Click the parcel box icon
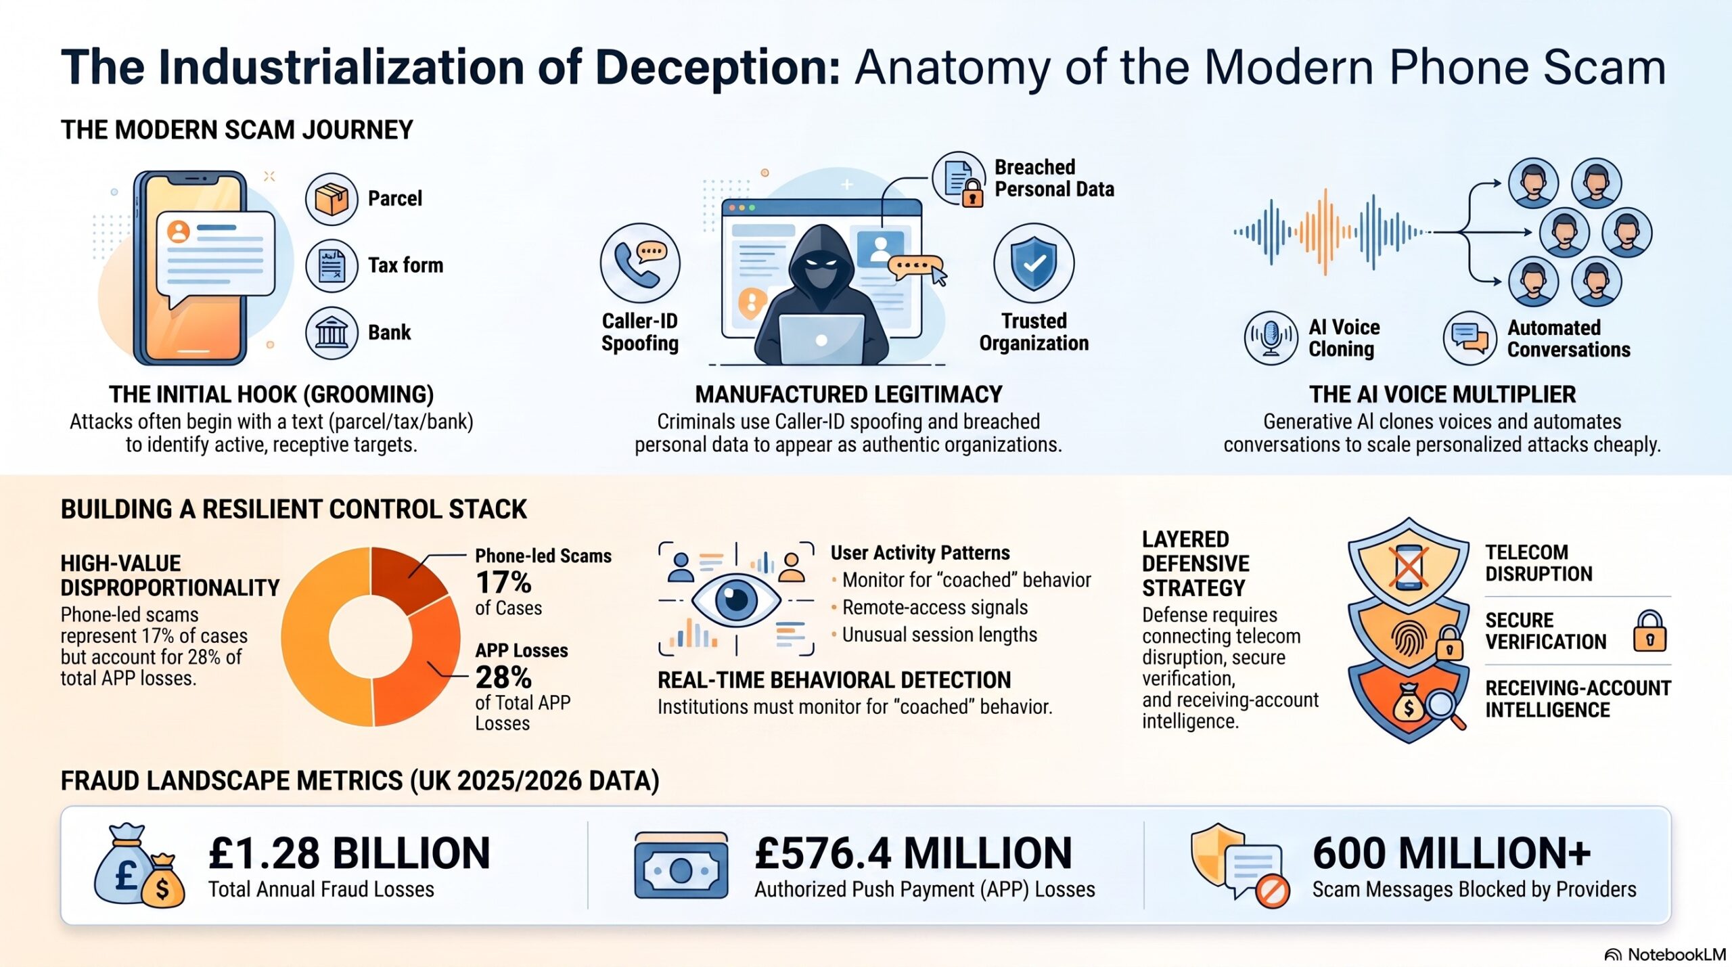click(x=332, y=199)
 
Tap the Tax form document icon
click(x=332, y=265)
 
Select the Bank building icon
click(x=332, y=332)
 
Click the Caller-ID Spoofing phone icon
click(x=640, y=263)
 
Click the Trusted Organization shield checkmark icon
click(x=1034, y=263)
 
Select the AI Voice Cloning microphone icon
click(x=1271, y=338)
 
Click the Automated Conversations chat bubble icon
click(x=1469, y=338)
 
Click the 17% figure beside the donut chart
click(x=503, y=582)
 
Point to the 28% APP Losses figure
click(x=503, y=677)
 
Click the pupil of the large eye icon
click(x=736, y=599)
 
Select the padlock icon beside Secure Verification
click(x=1650, y=631)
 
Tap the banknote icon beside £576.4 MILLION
click(x=681, y=865)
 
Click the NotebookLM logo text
click(x=1677, y=955)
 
